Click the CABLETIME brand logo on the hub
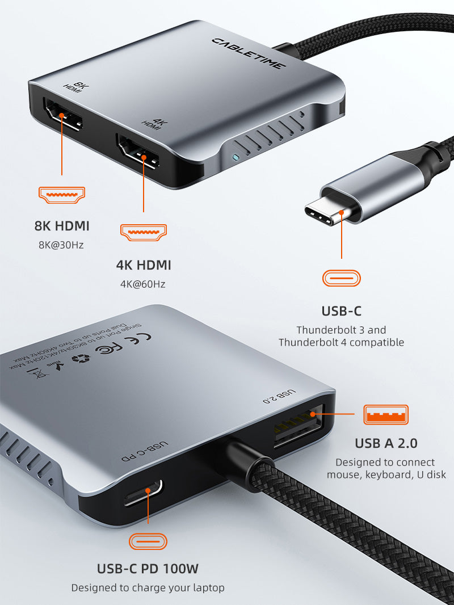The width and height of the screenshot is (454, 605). coord(249,53)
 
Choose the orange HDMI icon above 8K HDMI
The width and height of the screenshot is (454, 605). coord(61,195)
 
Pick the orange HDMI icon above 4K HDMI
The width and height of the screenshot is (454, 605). coord(144,232)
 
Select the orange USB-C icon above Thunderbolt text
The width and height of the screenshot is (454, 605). coord(342,278)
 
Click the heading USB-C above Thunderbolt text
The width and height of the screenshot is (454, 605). coord(341,311)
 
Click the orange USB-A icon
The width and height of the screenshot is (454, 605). coord(386,414)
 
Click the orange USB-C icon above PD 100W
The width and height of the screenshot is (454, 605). coord(148,541)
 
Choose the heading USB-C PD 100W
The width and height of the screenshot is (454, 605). coord(148,568)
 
